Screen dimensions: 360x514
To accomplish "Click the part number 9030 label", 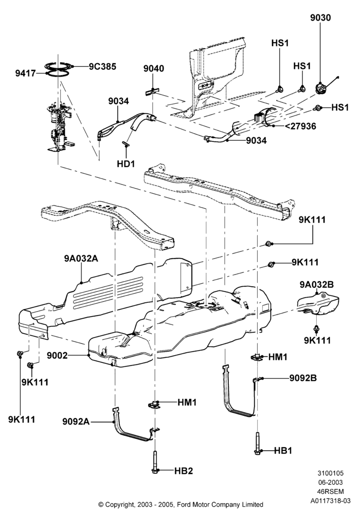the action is [320, 18].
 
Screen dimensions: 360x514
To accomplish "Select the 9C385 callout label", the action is [102, 66].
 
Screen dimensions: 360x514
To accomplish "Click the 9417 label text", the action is [25, 73].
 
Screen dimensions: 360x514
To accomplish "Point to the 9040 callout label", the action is [153, 69].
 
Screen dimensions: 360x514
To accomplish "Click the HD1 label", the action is [126, 163].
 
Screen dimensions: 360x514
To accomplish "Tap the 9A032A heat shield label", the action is [81, 259].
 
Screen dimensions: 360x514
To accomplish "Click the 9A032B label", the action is [316, 285].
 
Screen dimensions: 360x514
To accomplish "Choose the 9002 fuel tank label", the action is [57, 355].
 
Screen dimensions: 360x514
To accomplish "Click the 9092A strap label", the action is [76, 421].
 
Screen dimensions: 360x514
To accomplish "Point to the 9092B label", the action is [303, 378].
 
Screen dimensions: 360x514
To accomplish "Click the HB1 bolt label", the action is [283, 451].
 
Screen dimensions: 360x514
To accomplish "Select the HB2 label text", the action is [184, 471].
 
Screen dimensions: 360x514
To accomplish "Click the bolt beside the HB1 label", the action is [258, 443].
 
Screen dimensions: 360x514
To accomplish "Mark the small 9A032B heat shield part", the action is [318, 304].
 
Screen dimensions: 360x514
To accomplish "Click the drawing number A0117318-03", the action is [331, 501].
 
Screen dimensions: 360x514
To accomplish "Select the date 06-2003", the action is [331, 483].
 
